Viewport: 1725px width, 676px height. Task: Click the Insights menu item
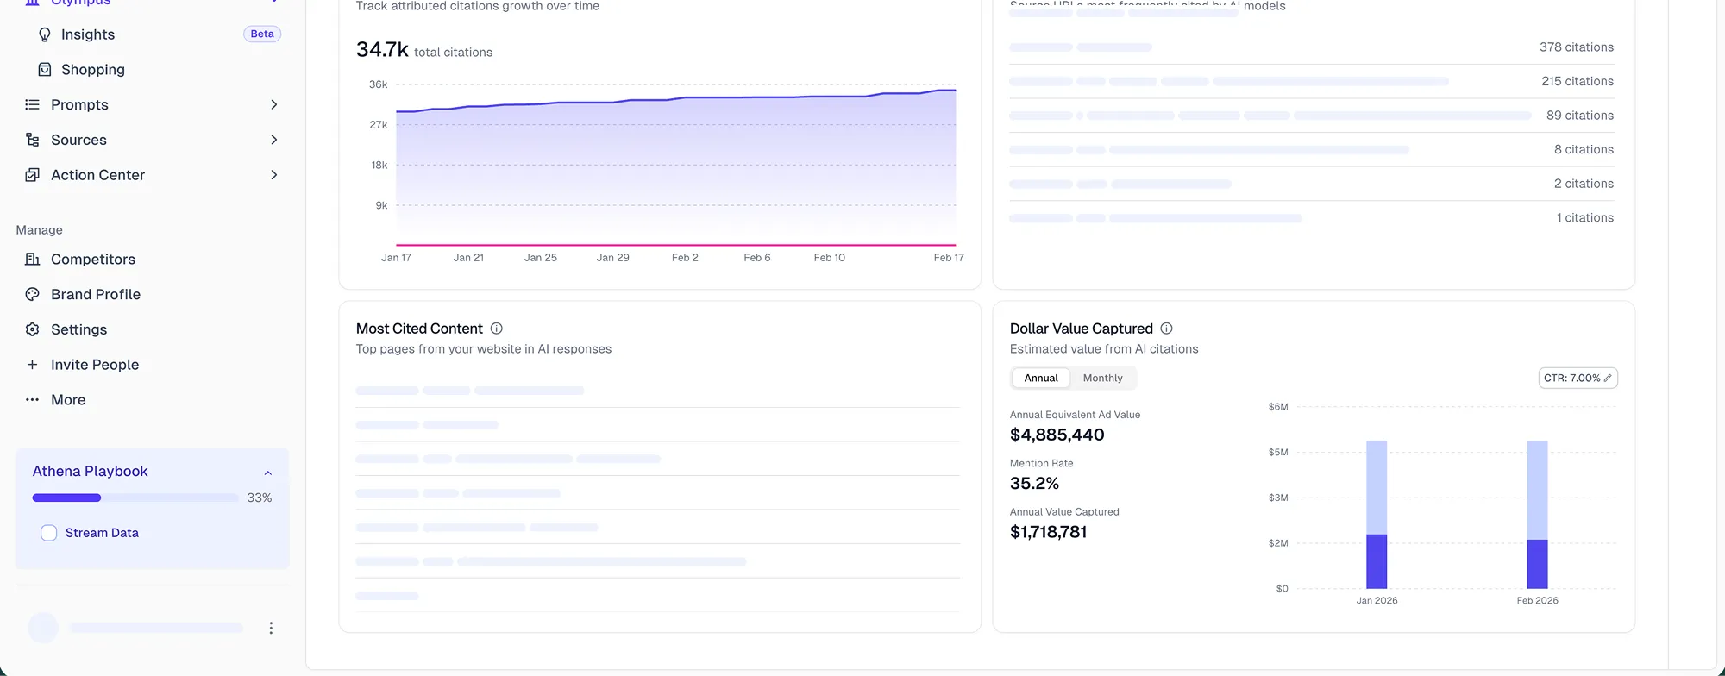(x=87, y=34)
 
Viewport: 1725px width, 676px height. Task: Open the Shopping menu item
(x=92, y=70)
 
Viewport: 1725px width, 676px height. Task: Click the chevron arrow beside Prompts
(x=274, y=105)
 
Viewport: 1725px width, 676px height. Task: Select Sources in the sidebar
(x=78, y=140)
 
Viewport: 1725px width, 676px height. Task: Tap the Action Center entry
(x=97, y=175)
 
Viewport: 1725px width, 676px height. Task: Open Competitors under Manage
(x=92, y=260)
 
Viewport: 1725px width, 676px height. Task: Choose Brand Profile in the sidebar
(x=95, y=295)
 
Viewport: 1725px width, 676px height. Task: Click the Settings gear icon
(x=33, y=329)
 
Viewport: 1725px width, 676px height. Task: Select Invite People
(x=94, y=365)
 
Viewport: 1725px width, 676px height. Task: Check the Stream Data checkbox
(x=49, y=533)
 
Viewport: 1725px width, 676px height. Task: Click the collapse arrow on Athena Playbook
(x=268, y=473)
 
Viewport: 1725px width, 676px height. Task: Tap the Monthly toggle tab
(x=1102, y=379)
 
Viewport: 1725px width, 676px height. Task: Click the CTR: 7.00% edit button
(x=1578, y=379)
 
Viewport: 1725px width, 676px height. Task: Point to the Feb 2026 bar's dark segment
(x=1537, y=564)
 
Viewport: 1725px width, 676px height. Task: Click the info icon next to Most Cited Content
(x=497, y=329)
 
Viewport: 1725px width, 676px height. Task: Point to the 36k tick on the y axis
(x=378, y=84)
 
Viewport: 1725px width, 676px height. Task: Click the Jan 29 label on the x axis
(x=612, y=258)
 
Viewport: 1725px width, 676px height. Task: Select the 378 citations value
(x=1576, y=47)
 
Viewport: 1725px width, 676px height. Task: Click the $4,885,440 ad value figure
(x=1057, y=435)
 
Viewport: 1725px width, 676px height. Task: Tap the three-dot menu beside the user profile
(x=271, y=629)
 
